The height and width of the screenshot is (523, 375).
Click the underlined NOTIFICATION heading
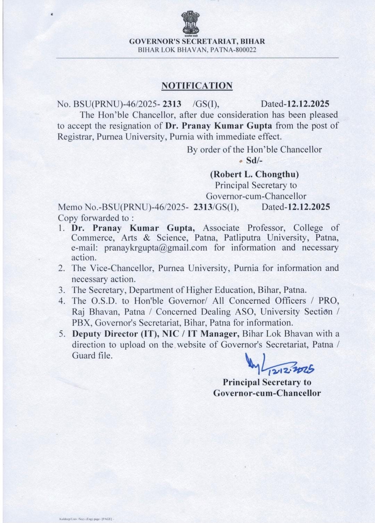coord(197,86)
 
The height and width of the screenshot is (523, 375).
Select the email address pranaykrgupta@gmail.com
coord(156,248)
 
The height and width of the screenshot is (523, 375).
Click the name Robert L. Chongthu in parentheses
coord(255,174)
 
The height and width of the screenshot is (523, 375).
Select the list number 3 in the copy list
coord(62,290)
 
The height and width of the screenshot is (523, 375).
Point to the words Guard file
coord(92,356)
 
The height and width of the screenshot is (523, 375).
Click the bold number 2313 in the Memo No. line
coord(203,207)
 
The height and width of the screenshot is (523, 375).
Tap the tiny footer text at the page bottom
coord(87,519)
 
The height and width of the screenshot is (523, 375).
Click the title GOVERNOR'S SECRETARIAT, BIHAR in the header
coord(197,41)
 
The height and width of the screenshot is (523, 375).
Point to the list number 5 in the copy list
coord(62,334)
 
